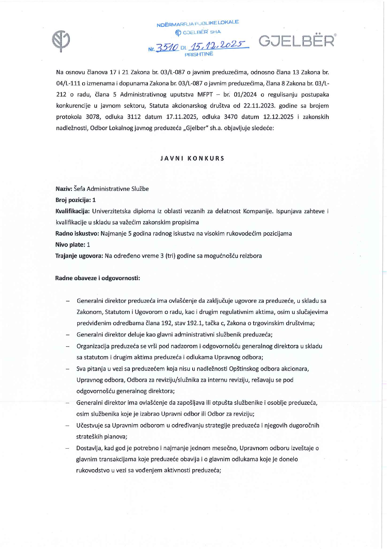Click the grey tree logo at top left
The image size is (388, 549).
pos(61,41)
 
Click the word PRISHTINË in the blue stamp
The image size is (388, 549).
pos(199,54)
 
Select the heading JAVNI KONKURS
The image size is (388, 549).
pos(192,158)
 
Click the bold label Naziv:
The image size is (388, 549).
pos(64,189)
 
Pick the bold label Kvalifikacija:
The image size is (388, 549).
pos(73,211)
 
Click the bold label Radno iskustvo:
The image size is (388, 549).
pos(77,233)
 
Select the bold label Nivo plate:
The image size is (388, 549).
pos(70,245)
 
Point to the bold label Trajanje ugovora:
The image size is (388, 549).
pos(79,256)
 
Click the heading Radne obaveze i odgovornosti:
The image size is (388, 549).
pos(98,278)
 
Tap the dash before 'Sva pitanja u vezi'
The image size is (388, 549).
pos(68,369)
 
